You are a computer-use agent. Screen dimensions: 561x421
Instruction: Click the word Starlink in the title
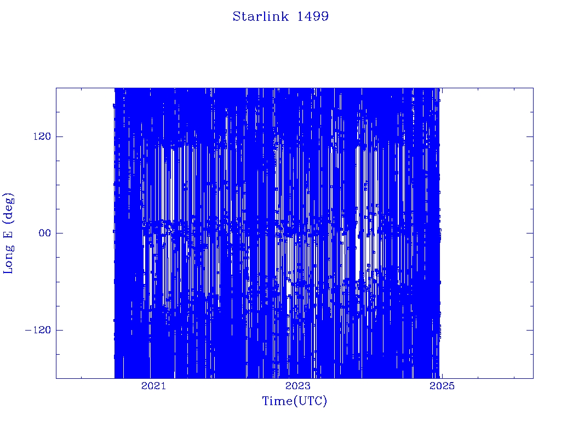pos(260,16)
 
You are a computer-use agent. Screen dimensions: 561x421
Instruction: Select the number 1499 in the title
pos(313,16)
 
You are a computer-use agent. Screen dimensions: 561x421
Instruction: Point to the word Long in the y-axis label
pos(8,258)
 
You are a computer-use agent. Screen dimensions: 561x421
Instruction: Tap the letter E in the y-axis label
pos(8,234)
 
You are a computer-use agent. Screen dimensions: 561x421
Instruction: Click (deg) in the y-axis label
pos(8,209)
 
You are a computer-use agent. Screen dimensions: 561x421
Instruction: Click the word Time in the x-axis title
pos(278,401)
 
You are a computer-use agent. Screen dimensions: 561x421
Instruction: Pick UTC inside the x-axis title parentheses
pos(311,401)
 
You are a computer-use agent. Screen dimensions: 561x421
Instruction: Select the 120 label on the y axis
pos(42,136)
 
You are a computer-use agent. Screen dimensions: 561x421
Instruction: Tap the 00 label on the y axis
pos(45,234)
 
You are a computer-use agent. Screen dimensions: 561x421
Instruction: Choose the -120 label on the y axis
pos(38,330)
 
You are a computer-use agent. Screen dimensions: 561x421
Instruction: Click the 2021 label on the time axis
pos(153,386)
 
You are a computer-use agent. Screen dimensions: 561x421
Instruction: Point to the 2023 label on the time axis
pos(297,386)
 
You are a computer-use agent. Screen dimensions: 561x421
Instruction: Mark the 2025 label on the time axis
pos(442,386)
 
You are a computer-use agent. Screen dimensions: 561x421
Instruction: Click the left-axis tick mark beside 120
pos(59,136)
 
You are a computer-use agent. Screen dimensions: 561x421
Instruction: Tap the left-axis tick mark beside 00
pos(59,233)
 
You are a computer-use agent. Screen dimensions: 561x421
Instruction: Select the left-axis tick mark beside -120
pos(59,330)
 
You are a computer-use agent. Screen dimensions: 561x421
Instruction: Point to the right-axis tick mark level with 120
pos(530,136)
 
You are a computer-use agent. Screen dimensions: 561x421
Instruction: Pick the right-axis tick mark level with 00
pos(530,233)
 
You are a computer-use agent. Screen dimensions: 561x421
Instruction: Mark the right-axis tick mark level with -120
pos(530,330)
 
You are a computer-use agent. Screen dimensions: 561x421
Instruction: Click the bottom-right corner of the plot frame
pos(533,378)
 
